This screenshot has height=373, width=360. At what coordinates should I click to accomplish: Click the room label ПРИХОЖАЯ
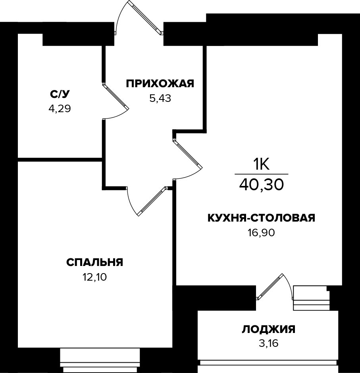pos(160,84)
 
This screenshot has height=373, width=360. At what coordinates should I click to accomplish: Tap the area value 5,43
pos(160,98)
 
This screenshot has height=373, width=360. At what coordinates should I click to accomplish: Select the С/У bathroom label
pos(60,94)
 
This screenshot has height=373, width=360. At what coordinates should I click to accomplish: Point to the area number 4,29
pos(60,109)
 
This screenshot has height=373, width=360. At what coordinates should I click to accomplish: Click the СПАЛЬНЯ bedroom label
pos(94,262)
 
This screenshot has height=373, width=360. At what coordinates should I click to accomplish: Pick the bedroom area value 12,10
pos(94,277)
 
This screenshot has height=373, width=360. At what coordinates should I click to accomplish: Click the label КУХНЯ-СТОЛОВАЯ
pos(261,218)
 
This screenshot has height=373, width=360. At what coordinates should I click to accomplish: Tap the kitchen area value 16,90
pos(261,233)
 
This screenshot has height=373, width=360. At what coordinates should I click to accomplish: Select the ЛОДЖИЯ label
pos(269,329)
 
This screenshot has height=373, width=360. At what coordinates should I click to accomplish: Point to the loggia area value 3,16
pos(269,343)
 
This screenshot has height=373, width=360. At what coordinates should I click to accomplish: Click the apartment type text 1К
pos(262,164)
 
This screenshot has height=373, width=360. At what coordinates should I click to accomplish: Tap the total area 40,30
pos(262,184)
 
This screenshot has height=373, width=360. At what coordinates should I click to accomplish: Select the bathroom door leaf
pos(116,96)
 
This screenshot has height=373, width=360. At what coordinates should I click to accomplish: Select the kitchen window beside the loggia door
pos(311,298)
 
